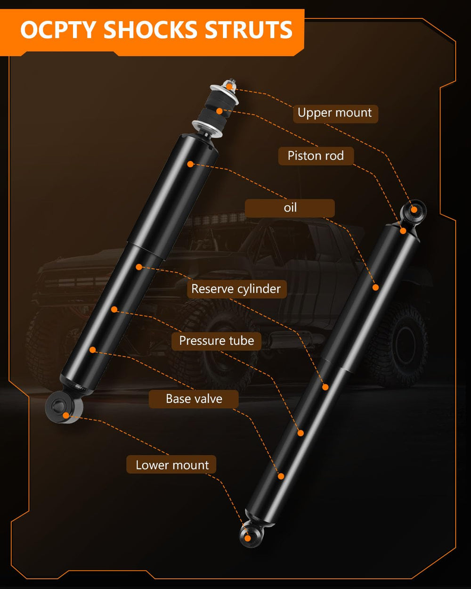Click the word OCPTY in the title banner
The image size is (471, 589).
coord(58,30)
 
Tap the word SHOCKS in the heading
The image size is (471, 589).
coord(150,30)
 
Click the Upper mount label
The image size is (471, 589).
coord(335,114)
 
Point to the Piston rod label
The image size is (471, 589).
coord(316,156)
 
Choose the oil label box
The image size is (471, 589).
coord(290,208)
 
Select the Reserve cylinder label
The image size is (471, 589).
coord(237,289)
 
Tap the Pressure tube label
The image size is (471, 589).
coord(216,341)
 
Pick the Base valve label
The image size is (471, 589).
coord(194,399)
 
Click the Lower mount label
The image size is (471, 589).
coord(171,465)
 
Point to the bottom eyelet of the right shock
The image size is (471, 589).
coord(250,538)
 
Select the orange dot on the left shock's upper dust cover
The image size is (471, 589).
coord(190,164)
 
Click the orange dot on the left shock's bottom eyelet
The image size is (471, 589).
coord(66,416)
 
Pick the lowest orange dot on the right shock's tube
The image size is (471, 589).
coord(281,476)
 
